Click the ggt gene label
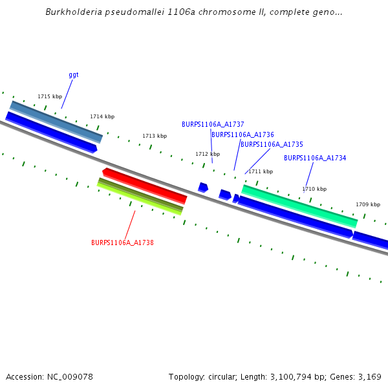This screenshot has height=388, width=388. point(74,75)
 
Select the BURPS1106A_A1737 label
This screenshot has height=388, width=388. point(213,124)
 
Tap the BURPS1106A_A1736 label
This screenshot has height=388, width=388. point(242,135)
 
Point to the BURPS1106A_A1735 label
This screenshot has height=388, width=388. point(272,145)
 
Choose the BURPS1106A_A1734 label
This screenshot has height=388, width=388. point(315,158)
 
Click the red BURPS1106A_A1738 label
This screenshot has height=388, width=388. point(122,243)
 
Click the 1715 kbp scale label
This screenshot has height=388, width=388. point(50,97)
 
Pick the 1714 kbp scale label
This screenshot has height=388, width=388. point(102,117)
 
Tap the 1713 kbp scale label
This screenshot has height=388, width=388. point(155,136)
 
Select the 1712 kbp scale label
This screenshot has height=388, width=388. point(208,155)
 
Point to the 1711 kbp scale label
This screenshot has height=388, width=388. point(261,172)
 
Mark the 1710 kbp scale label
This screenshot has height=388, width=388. point(314,189)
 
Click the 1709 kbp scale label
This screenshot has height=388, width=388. point(368,205)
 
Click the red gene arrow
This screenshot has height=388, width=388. point(145,186)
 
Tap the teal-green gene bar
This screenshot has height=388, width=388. point(299,206)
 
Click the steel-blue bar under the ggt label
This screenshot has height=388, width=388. point(56,121)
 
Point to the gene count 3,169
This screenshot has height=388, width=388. point(369,376)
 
